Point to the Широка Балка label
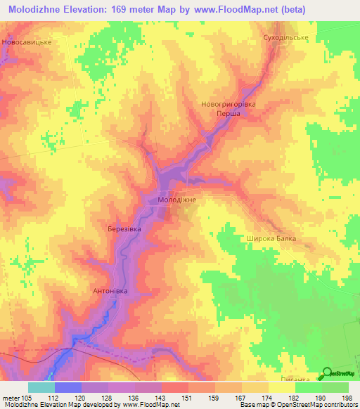271,239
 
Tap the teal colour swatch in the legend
41,388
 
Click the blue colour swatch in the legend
67,388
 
